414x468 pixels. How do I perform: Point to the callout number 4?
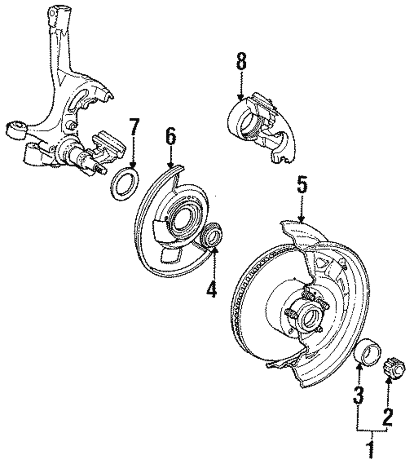[x=212, y=286]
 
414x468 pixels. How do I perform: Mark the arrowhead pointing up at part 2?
[x=388, y=379]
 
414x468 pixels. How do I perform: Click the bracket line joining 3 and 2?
[x=373, y=431]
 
